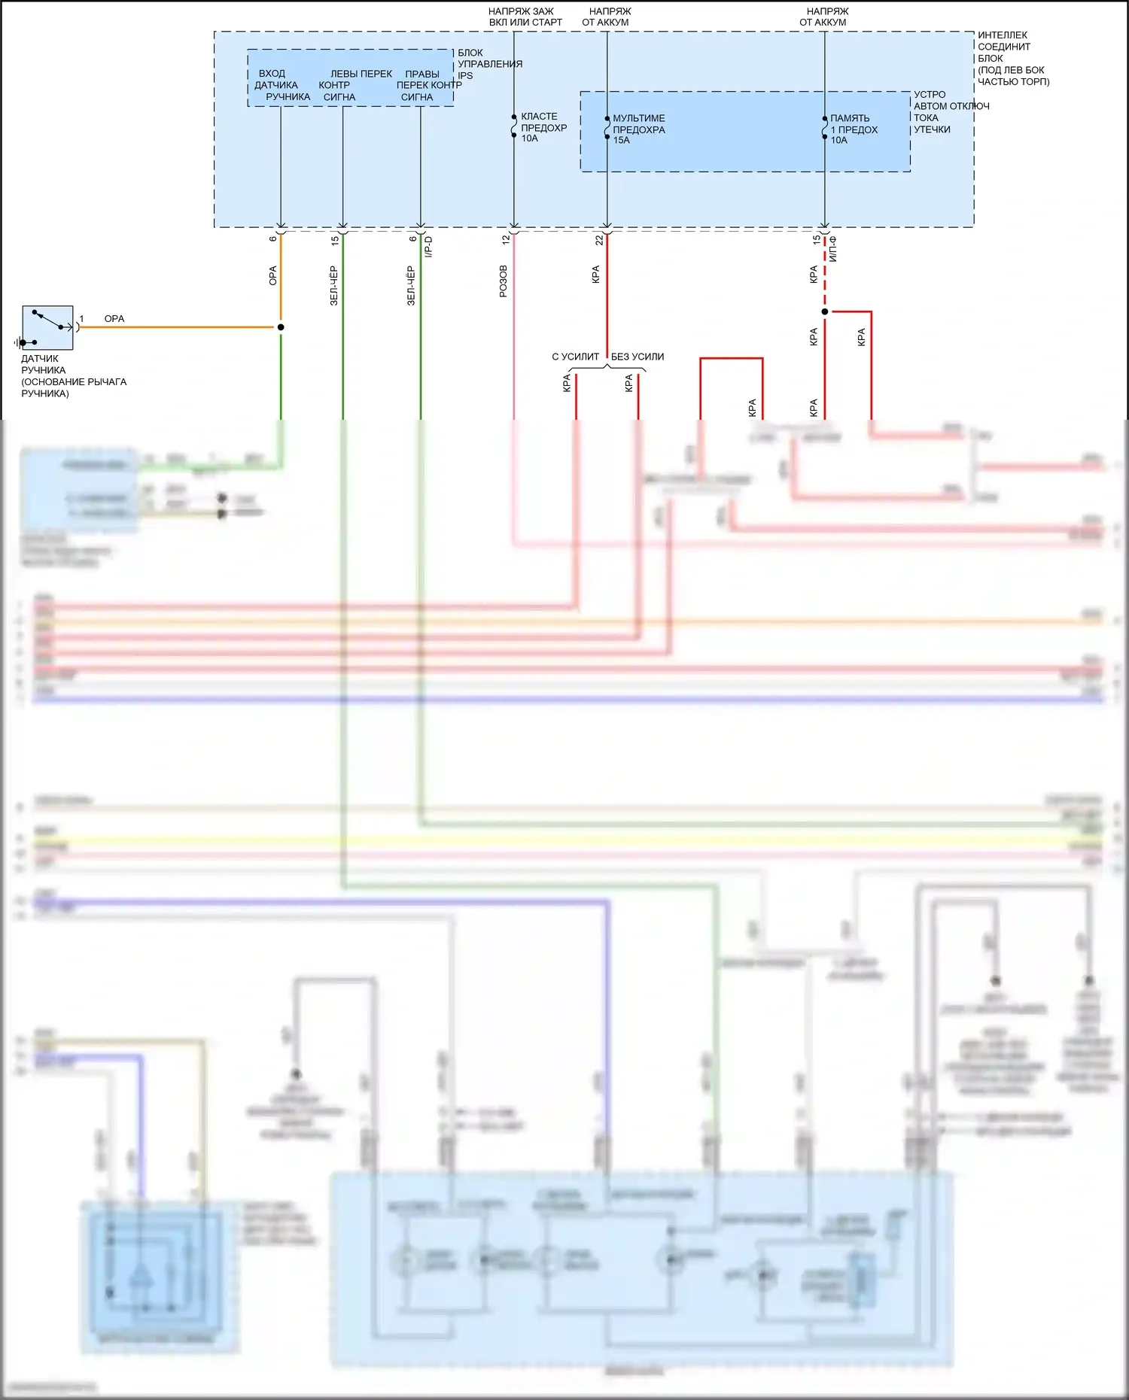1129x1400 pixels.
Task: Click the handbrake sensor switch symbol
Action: pyautogui.click(x=47, y=327)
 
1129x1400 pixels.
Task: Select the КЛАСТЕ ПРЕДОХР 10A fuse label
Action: pyautogui.click(x=543, y=128)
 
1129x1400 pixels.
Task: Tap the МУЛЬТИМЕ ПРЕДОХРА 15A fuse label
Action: pyautogui.click(x=638, y=129)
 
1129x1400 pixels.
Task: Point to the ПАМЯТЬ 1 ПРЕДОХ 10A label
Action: pyautogui.click(x=854, y=129)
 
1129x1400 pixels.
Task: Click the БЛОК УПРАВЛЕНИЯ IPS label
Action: pyautogui.click(x=489, y=64)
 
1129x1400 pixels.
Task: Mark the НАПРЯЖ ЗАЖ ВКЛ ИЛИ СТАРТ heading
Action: pyautogui.click(x=525, y=17)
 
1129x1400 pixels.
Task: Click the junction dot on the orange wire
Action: pyautogui.click(x=281, y=327)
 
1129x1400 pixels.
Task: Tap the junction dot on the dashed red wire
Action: pyautogui.click(x=825, y=311)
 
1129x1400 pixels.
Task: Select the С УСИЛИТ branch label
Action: pyautogui.click(x=575, y=357)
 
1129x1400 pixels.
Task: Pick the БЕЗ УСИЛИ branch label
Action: pyautogui.click(x=637, y=357)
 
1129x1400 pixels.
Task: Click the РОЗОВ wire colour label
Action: pyautogui.click(x=504, y=281)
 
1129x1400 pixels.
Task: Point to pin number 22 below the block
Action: pyautogui.click(x=599, y=240)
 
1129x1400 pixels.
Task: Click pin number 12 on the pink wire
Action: pyautogui.click(x=506, y=240)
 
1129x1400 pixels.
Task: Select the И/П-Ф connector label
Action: pyautogui.click(x=833, y=249)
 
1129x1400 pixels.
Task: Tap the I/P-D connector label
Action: pyautogui.click(x=428, y=247)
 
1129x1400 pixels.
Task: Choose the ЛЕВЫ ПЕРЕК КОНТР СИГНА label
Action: pyautogui.click(x=354, y=85)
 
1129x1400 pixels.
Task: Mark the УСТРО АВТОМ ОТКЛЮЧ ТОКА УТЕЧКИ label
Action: pyautogui.click(x=950, y=112)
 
